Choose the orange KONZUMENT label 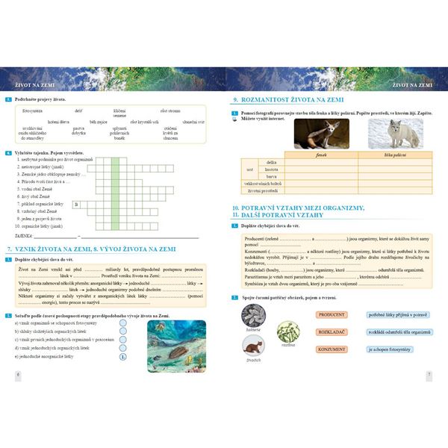pyautogui.click(x=332, y=349)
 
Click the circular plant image pyautogui.click(x=287, y=332)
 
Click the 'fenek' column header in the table pyautogui.click(x=322, y=154)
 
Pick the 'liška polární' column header pyautogui.click(x=391, y=154)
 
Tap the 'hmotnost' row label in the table pyautogui.click(x=271, y=169)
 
